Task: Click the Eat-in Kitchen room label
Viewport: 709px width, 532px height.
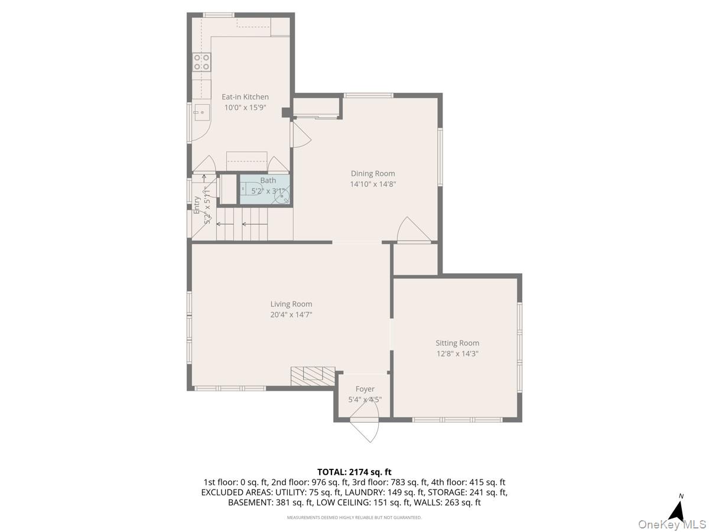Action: pyautogui.click(x=245, y=97)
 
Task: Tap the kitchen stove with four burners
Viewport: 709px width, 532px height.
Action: pyautogui.click(x=201, y=62)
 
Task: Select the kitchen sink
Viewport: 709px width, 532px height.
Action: pyautogui.click(x=201, y=111)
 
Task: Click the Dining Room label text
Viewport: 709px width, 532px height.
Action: pyautogui.click(x=372, y=173)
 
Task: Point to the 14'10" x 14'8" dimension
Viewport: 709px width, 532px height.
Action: pyautogui.click(x=372, y=184)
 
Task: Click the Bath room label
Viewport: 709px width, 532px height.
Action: pyautogui.click(x=268, y=180)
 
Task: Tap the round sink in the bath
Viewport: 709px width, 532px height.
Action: pyautogui.click(x=283, y=196)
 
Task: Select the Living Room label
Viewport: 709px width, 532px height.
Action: pyautogui.click(x=291, y=304)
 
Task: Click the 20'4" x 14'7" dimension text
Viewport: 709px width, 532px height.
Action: pyautogui.click(x=291, y=315)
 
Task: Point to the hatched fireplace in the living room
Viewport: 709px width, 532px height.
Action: pyautogui.click(x=313, y=376)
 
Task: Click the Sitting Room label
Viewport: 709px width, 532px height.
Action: pyautogui.click(x=457, y=343)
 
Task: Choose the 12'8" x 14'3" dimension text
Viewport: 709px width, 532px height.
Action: pyautogui.click(x=457, y=354)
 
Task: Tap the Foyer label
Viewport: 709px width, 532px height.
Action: pyautogui.click(x=365, y=389)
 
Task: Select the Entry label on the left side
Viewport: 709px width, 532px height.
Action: pyautogui.click(x=197, y=204)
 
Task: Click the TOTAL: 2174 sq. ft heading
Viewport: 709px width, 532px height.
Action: pyautogui.click(x=354, y=472)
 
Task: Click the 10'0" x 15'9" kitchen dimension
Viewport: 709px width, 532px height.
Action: pyautogui.click(x=245, y=108)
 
